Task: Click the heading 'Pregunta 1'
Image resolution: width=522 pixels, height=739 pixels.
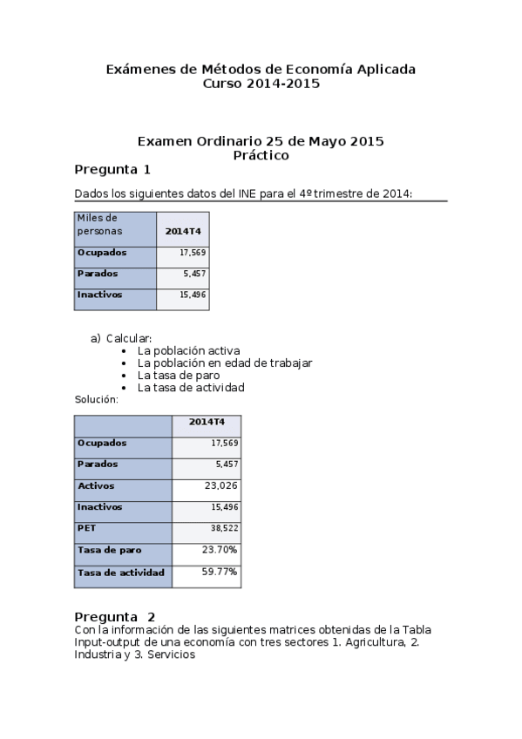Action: tap(112, 169)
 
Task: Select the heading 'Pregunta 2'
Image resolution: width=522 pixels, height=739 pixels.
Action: tap(115, 616)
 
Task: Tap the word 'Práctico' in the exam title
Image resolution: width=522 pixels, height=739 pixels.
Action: tap(261, 155)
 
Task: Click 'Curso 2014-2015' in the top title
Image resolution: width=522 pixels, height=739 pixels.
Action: tap(261, 84)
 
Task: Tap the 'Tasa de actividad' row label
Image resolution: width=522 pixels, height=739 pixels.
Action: tap(120, 573)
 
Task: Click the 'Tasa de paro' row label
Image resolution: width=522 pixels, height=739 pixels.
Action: tap(109, 551)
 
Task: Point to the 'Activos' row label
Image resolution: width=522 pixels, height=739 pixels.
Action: tap(96, 485)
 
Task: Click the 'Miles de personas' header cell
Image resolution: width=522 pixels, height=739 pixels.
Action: tap(98, 225)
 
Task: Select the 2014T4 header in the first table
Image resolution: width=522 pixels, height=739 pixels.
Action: tap(183, 231)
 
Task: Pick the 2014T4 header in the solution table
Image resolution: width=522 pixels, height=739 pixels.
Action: tap(207, 423)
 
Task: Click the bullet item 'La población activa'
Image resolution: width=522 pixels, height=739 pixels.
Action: tap(188, 350)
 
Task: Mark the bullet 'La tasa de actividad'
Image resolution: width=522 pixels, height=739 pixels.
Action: tap(191, 387)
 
